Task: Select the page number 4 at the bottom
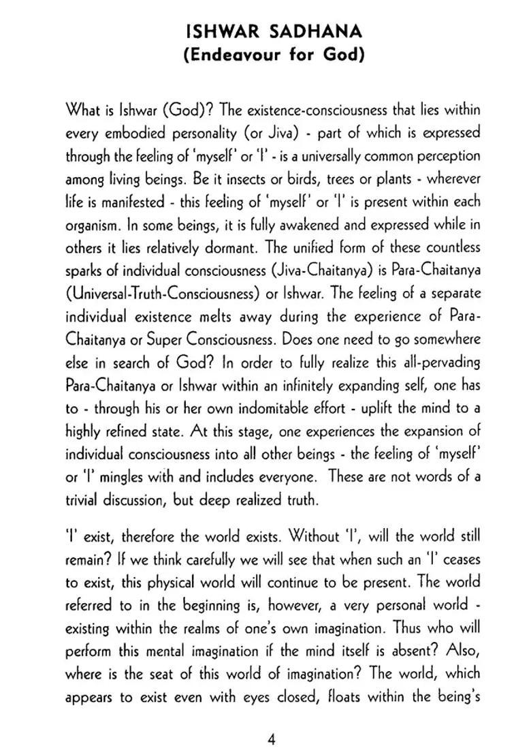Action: point(272,720)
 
